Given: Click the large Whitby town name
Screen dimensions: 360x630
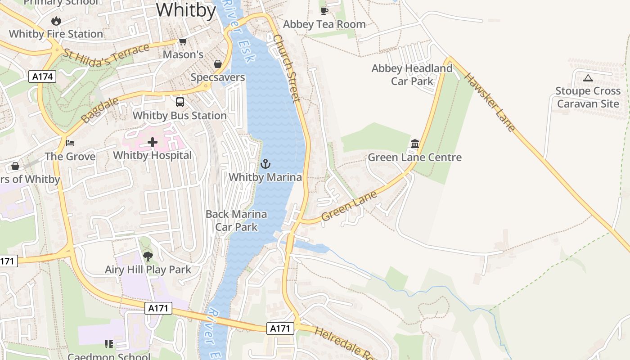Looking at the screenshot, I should (x=186, y=10).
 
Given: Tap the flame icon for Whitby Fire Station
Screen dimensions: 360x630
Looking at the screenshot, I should (x=56, y=21).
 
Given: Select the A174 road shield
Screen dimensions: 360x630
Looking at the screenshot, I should (x=43, y=76).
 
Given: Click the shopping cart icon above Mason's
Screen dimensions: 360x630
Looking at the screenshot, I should (x=183, y=42).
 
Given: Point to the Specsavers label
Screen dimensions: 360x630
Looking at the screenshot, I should (x=218, y=77).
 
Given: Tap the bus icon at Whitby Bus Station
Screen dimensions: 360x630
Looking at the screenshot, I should (x=180, y=102).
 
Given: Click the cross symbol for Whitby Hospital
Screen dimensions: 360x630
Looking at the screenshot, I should (x=153, y=143).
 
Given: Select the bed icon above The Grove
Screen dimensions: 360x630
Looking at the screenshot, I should (x=70, y=143).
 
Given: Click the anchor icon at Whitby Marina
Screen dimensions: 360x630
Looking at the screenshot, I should (x=265, y=164).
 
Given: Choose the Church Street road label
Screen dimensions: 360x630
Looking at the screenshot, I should (x=286, y=68).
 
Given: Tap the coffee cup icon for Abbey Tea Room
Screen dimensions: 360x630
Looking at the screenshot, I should (x=324, y=11).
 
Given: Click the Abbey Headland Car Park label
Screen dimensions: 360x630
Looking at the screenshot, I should (x=412, y=75).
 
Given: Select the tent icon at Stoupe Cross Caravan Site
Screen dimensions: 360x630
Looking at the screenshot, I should (x=588, y=78).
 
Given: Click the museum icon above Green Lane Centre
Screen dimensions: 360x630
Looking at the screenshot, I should (x=415, y=144).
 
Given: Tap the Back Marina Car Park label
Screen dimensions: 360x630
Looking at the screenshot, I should (x=236, y=220).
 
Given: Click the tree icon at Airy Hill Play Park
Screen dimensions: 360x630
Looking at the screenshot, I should (x=148, y=256).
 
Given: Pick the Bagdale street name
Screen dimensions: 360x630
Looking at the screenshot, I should (x=100, y=110).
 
